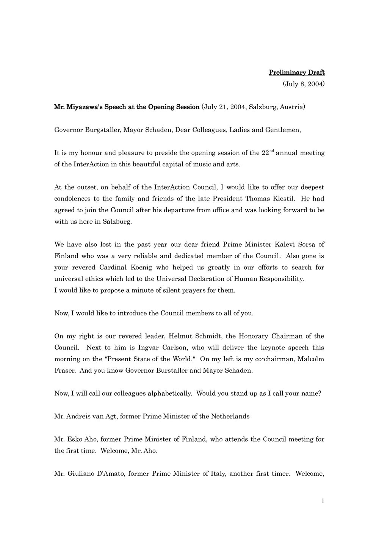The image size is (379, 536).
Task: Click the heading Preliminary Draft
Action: click(x=297, y=72)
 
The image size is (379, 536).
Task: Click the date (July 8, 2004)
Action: click(x=304, y=84)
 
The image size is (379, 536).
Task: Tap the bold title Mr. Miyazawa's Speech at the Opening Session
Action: click(x=127, y=107)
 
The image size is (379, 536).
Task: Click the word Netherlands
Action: click(x=229, y=416)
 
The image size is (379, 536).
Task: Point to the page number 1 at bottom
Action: click(x=323, y=501)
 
